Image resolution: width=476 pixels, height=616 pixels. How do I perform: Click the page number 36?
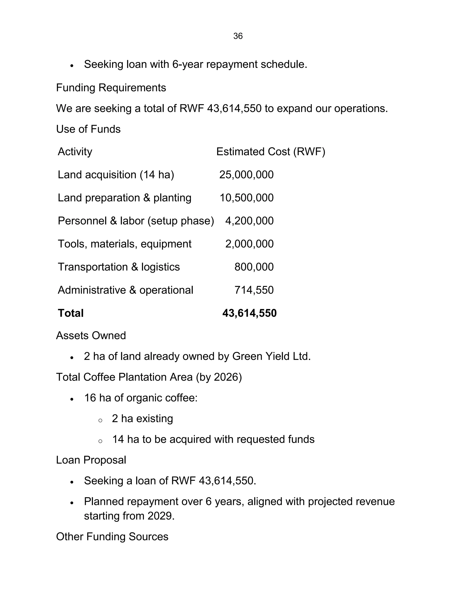pyautogui.click(x=238, y=36)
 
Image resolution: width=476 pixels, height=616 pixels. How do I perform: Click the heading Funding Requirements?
pyautogui.click(x=111, y=88)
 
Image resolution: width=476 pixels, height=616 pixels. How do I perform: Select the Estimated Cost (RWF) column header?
pyautogui.click(x=271, y=152)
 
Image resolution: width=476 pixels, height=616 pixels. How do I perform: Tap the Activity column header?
pyautogui.click(x=75, y=152)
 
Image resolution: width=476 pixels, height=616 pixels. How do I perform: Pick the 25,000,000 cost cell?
pyautogui.click(x=246, y=175)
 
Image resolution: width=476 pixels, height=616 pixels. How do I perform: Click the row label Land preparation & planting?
pyautogui.click(x=124, y=198)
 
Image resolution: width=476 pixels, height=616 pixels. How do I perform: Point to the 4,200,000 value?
pyautogui.click(x=249, y=221)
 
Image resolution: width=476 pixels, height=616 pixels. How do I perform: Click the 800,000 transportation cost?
pyautogui.click(x=254, y=267)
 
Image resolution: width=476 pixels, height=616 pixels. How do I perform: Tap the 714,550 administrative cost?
pyautogui.click(x=254, y=290)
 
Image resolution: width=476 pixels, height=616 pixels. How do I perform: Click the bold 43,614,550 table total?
pyautogui.click(x=249, y=313)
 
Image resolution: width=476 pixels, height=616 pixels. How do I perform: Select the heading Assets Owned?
pyautogui.click(x=91, y=336)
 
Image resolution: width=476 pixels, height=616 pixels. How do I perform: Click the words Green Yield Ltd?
pyautogui.click(x=271, y=357)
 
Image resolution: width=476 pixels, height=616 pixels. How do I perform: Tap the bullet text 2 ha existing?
pyautogui.click(x=142, y=419)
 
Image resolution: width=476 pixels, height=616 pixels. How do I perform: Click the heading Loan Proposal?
pyautogui.click(x=91, y=460)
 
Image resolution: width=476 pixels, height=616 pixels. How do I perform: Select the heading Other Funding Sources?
pyautogui.click(x=112, y=537)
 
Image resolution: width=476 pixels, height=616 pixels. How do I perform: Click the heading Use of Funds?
pyautogui.click(x=88, y=129)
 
